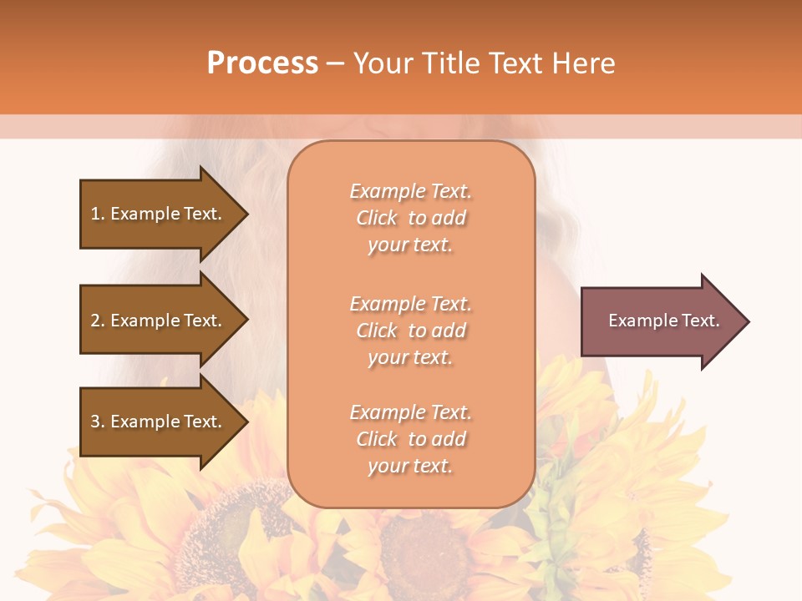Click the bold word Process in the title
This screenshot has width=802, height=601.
point(262,63)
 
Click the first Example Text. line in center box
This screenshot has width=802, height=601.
point(410,191)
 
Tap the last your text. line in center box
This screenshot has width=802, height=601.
point(410,466)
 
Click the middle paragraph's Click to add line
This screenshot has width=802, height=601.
point(410,331)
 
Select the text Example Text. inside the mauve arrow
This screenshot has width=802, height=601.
point(663,321)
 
